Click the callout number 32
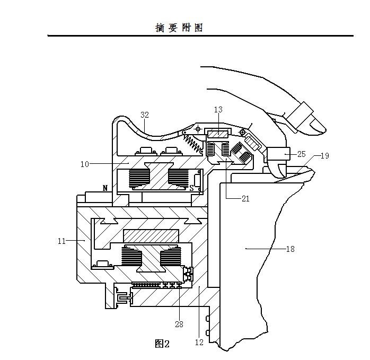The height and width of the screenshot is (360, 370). (145, 115)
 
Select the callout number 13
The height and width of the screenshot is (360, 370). (218, 110)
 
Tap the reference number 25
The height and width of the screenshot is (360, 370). (301, 154)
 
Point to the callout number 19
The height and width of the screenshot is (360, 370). (325, 156)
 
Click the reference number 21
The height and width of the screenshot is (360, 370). (245, 199)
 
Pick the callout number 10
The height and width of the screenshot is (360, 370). (85, 164)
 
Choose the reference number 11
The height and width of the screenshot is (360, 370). (61, 241)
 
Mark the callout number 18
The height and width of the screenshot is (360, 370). (290, 249)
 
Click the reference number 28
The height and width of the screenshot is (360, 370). (179, 324)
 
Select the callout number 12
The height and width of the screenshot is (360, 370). (199, 343)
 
